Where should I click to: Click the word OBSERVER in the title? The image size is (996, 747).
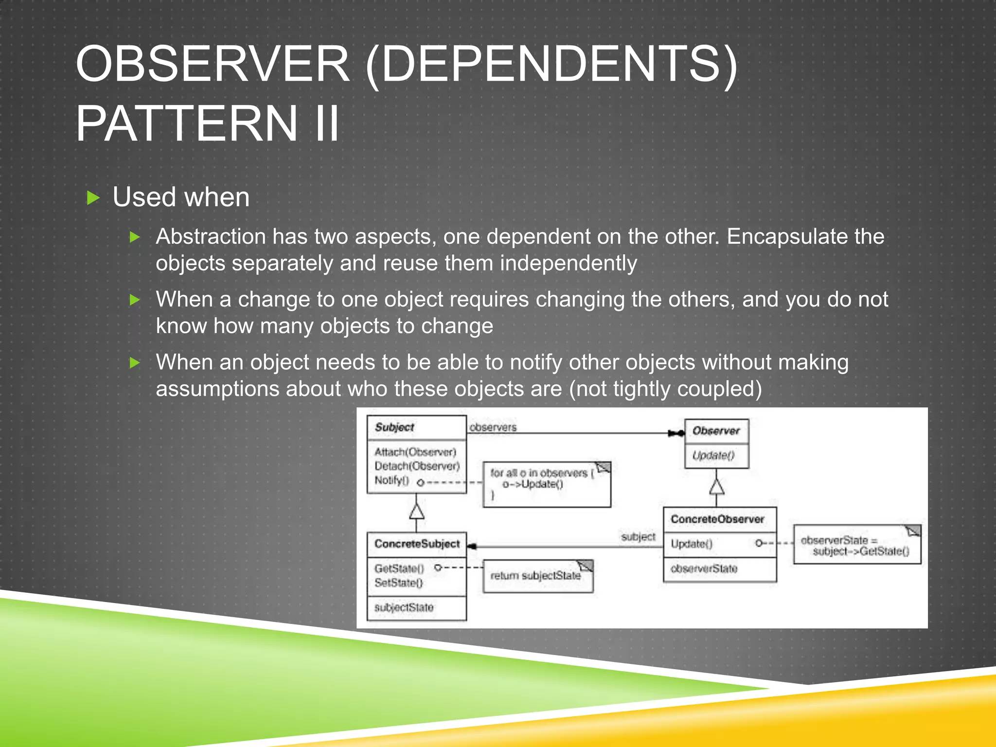pos(213,64)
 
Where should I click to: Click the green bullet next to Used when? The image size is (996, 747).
pos(93,198)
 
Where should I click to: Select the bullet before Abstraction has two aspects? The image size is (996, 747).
pos(135,237)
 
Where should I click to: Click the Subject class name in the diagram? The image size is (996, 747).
pos(394,427)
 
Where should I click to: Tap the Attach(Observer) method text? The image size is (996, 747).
pos(415,452)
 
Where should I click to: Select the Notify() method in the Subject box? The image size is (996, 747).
pos(391,480)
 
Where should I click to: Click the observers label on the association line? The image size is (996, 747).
pos(493,427)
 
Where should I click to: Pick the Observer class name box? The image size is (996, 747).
pos(716,431)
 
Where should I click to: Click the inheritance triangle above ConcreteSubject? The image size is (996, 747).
pos(416,511)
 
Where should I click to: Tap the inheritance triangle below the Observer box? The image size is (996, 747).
pos(716,486)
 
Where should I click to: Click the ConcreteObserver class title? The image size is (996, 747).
pos(717,519)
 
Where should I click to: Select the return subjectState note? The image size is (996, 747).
pos(537,576)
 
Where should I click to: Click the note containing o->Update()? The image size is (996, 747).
pos(546,484)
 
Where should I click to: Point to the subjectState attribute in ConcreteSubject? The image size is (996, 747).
pos(404,607)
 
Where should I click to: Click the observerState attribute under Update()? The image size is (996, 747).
pos(704,569)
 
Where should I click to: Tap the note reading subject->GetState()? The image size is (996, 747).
pos(856,546)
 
